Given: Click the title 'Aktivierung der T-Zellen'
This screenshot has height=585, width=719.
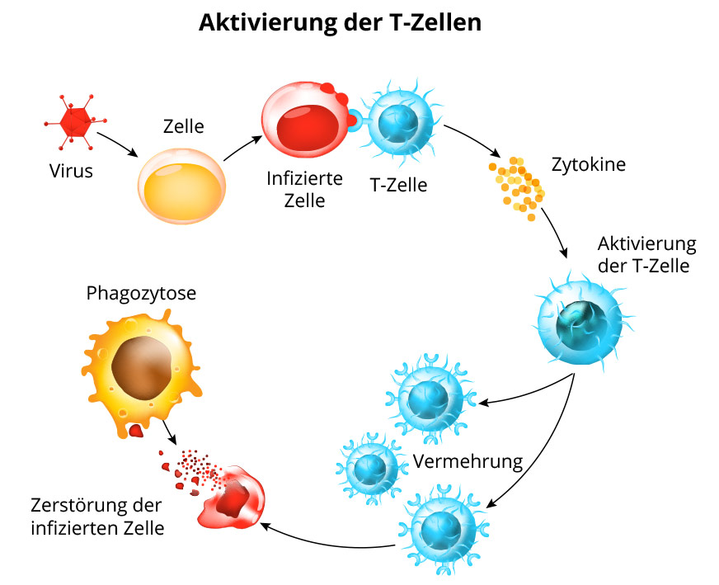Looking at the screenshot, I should coord(340,22).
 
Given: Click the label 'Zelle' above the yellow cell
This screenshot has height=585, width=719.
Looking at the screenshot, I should coord(183,127).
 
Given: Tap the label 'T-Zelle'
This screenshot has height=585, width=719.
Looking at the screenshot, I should coord(398,185).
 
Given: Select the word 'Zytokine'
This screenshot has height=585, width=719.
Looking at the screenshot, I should coord(588,163).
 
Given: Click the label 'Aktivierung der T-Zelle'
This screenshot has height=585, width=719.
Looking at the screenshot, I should coord(646,255).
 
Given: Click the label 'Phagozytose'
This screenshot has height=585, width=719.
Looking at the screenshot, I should coord(141,293).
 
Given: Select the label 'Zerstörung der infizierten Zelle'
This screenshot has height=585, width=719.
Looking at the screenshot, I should coord(96,516).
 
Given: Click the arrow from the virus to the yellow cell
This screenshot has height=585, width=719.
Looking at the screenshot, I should coord(117,144).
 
